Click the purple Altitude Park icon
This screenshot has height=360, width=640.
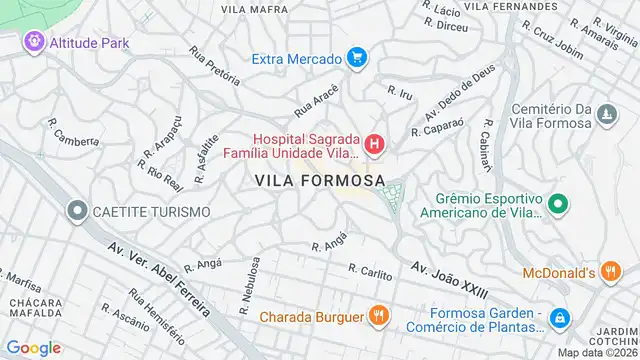pos(34,42)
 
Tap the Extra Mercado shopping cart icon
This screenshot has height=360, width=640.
pos(356,59)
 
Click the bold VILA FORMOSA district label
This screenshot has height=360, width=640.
pos(320,180)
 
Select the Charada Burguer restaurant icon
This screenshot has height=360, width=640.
pos(377,317)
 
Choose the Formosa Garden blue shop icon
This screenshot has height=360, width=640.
pos(560,318)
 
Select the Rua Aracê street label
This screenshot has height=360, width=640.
pos(317,99)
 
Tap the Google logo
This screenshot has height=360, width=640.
pos(34,347)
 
